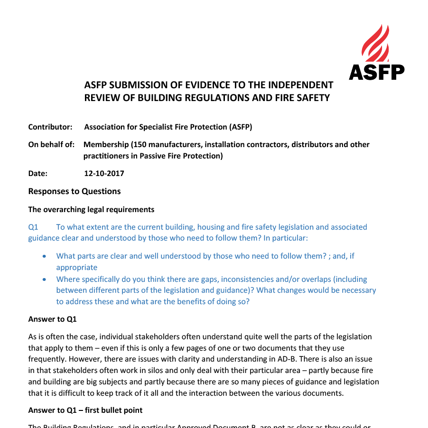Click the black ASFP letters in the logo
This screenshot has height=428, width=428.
tap(376, 72)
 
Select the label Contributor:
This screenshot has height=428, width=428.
tap(50, 127)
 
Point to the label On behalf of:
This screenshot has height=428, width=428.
tap(51, 144)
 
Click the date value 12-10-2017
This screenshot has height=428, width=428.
tap(104, 173)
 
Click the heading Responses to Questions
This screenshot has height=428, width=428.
tap(74, 191)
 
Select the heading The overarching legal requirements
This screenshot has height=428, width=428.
tap(91, 209)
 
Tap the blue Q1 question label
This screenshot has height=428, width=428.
tap(33, 227)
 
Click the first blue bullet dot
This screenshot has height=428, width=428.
tap(45, 256)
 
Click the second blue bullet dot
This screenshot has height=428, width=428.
tap(45, 279)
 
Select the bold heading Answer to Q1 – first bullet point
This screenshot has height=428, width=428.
tap(85, 410)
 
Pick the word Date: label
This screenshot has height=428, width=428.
tap(38, 173)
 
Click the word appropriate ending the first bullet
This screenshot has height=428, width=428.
tap(77, 267)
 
